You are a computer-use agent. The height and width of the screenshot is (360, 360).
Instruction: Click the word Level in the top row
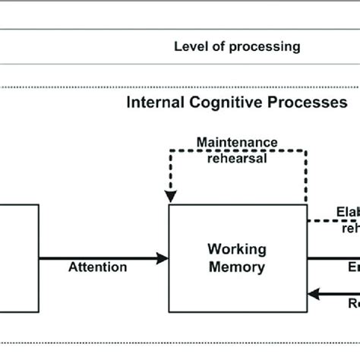click(x=190, y=47)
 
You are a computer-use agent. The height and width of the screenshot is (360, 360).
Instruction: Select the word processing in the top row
click(x=265, y=47)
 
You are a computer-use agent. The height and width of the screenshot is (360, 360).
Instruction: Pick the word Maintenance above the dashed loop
click(x=236, y=143)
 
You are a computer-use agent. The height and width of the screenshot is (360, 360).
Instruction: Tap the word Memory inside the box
click(x=238, y=267)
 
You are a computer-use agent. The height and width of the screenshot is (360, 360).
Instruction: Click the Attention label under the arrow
click(x=97, y=267)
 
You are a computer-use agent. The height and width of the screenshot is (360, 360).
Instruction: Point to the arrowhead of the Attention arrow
click(x=163, y=258)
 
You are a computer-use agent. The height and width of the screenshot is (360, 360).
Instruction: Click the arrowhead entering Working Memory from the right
click(x=313, y=292)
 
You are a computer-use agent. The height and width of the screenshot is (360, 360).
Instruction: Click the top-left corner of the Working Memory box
click(x=170, y=205)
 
